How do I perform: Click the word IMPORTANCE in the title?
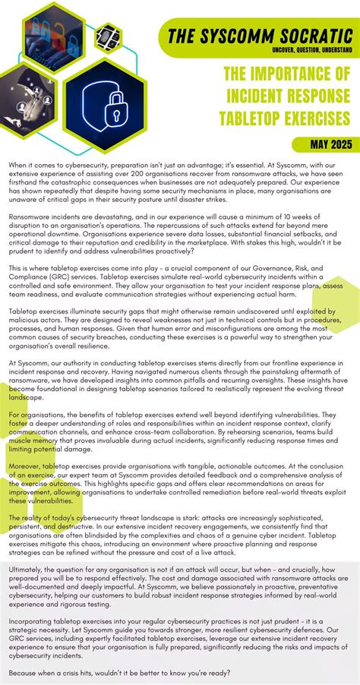coord(307,74)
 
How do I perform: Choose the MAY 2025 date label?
coord(331,144)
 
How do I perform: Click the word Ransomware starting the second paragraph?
coord(29,216)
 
